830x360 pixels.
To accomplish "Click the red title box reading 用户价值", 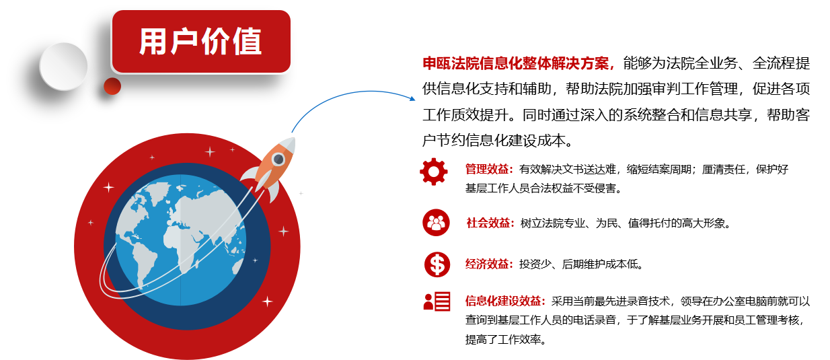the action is coord(201,42).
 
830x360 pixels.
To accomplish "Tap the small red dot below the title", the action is coord(112,86).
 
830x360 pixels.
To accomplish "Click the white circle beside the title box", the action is coord(63,67).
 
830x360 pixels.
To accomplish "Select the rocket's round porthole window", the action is coord(278,159).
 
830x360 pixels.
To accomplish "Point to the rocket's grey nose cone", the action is coord(289,145).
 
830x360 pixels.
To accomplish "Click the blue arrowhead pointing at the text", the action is coord(412,98).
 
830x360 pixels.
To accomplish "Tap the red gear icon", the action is coord(434,172).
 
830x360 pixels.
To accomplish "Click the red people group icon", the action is coord(436,223).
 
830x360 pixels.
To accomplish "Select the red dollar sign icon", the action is coord(437,264).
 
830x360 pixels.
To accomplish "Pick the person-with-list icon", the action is coord(437,301).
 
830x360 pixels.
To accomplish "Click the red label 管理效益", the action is coord(486,170).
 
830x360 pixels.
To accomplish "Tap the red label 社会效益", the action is coord(488,223).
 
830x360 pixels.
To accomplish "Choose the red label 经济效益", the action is coord(486,264).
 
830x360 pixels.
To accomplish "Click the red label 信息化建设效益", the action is coord(503,301).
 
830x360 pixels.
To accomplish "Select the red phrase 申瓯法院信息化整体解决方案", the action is coord(515,63).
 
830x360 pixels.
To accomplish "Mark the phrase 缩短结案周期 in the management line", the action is coord(658,170).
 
